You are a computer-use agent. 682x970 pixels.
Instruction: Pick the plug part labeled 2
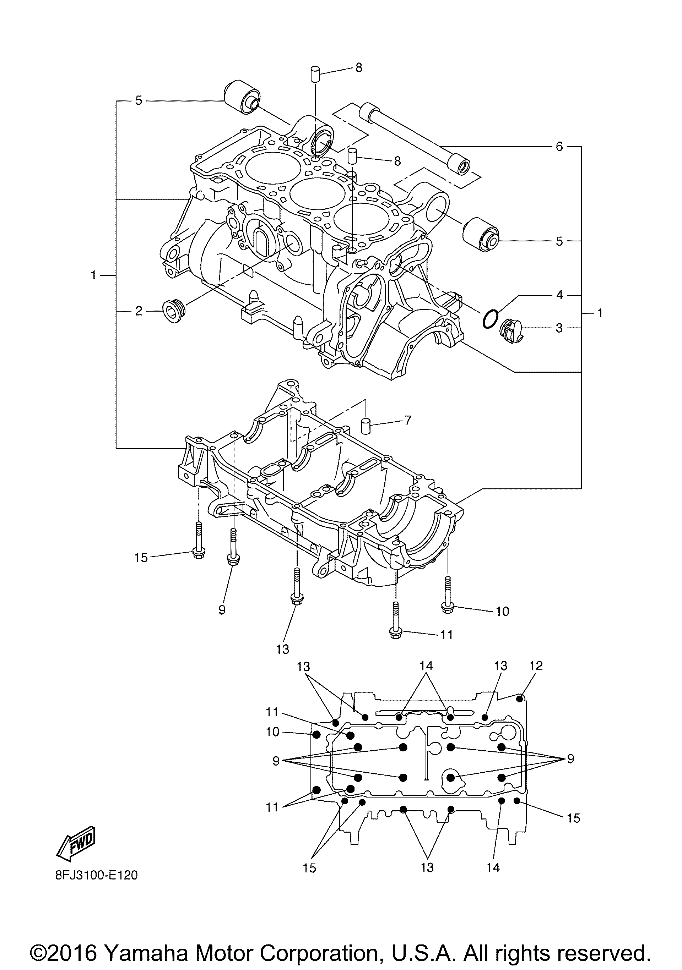[172, 311]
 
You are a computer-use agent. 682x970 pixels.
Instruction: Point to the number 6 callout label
[559, 147]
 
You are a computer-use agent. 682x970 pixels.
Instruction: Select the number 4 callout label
[559, 295]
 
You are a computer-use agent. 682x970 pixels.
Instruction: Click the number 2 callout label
[139, 312]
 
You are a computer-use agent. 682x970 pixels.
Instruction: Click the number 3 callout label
[559, 328]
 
